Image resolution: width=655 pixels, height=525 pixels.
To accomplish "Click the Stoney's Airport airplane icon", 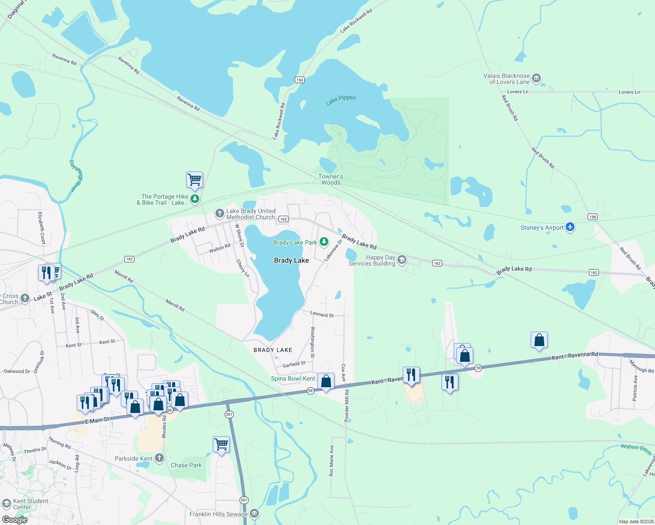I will pyautogui.click(x=570, y=227).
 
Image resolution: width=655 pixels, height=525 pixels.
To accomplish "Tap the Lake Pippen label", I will pyautogui.click(x=341, y=100).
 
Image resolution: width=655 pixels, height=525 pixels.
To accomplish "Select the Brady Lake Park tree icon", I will pyautogui.click(x=324, y=242).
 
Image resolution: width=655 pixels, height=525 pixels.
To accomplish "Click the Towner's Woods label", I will pyautogui.click(x=331, y=179).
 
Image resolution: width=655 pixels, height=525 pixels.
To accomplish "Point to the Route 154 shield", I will pyautogui.click(x=299, y=80).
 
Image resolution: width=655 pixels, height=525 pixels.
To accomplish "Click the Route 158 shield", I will pyautogui.click(x=592, y=217).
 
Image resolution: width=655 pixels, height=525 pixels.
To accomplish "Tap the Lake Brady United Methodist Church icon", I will pyautogui.click(x=219, y=213).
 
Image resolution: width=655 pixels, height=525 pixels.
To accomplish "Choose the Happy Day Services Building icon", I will pyautogui.click(x=401, y=260).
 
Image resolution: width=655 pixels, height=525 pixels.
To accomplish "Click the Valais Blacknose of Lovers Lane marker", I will pyautogui.click(x=536, y=79).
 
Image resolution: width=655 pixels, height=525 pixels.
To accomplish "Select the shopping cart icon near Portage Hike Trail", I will pyautogui.click(x=194, y=179).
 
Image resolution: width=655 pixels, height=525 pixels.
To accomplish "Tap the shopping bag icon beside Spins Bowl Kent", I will pyautogui.click(x=326, y=381).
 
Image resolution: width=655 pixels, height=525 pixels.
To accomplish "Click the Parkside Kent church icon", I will pyautogui.click(x=159, y=458).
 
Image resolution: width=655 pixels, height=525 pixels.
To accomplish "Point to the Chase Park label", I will pyautogui.click(x=186, y=465).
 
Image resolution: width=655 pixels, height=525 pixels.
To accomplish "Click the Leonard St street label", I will pyautogui.click(x=322, y=314).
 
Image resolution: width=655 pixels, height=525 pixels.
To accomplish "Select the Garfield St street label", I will pyautogui.click(x=294, y=364).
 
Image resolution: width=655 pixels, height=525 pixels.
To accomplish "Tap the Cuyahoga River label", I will pyautogui.click(x=76, y=176).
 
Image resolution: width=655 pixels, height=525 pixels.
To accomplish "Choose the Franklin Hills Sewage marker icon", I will pyautogui.click(x=254, y=514).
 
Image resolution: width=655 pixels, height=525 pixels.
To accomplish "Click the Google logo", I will pyautogui.click(x=14, y=519).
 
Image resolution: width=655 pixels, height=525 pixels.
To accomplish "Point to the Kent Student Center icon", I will pyautogui.click(x=6, y=504).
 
